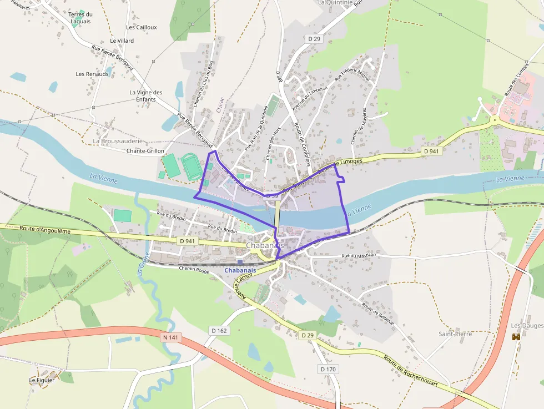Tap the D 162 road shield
[219, 331]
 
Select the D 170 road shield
[329, 369]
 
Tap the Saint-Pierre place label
[455, 334]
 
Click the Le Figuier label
[42, 380]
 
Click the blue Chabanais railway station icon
[240, 262]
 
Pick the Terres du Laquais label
[80, 18]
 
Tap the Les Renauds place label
[92, 74]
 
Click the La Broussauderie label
[118, 141]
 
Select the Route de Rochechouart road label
[411, 372]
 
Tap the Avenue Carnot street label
[239, 285]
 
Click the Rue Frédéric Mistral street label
[352, 76]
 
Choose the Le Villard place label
[122, 41]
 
